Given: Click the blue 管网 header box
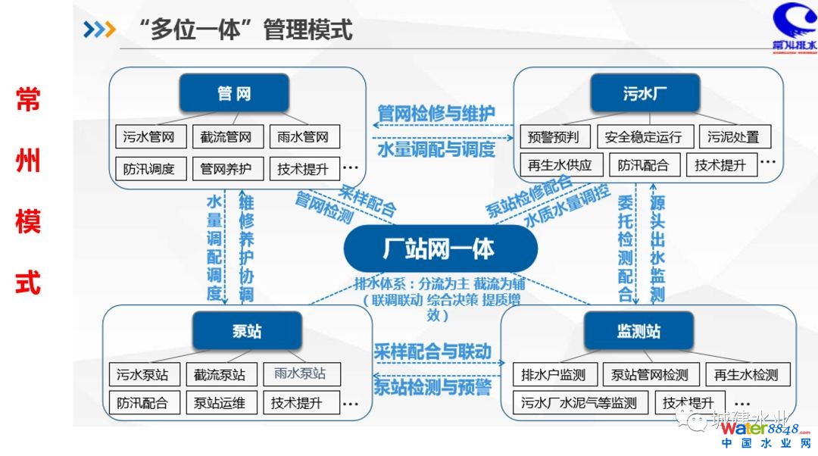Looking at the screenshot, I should pyautogui.click(x=234, y=93).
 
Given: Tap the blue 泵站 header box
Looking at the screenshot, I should pyautogui.click(x=247, y=331).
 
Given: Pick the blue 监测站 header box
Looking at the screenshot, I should pyautogui.click(x=638, y=331).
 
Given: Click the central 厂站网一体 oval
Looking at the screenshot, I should pyautogui.click(x=440, y=249).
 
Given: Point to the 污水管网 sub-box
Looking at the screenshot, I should pyautogui.click(x=149, y=137).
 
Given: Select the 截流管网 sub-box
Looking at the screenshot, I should pyautogui.click(x=226, y=137).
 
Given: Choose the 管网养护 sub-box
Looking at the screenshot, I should pyautogui.click(x=226, y=168).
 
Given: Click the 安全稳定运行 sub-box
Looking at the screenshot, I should pyautogui.click(x=644, y=137).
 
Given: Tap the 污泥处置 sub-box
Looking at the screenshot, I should pyautogui.click(x=733, y=137).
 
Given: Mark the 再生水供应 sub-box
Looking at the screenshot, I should pyautogui.click(x=561, y=165).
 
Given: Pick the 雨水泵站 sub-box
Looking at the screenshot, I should pyautogui.click(x=301, y=373).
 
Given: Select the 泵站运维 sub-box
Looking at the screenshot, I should pyautogui.click(x=220, y=403).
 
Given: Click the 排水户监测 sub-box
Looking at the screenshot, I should pyautogui.click(x=554, y=374).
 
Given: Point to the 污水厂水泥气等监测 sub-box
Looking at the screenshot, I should pyautogui.click(x=579, y=403).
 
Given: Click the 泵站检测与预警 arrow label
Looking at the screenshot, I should pyautogui.click(x=433, y=388).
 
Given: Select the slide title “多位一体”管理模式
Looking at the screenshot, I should pyautogui.click(x=246, y=30).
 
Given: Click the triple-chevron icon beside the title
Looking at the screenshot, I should pyautogui.click(x=99, y=30).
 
